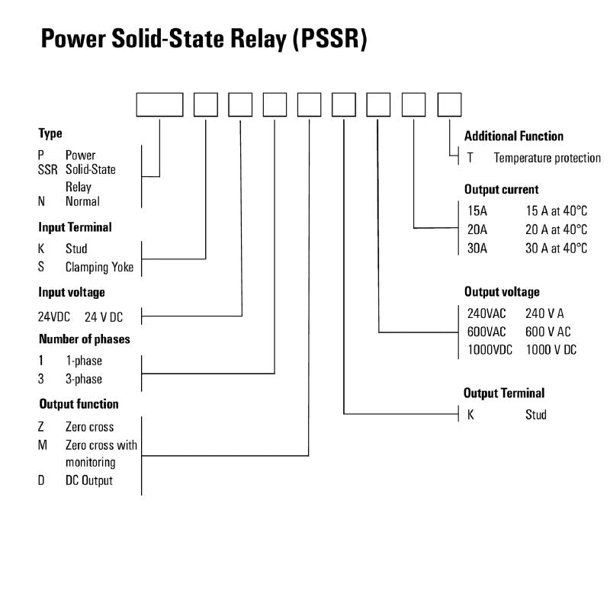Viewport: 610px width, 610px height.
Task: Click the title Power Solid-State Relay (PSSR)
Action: [x=204, y=39]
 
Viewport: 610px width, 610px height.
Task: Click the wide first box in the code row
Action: [x=159, y=104]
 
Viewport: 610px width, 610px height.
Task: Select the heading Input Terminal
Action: [x=75, y=227]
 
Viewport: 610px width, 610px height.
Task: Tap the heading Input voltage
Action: [x=72, y=292]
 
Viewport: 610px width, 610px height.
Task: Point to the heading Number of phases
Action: [x=84, y=339]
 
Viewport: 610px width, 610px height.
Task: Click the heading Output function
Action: [x=79, y=404]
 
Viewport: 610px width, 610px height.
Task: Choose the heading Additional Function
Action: [x=513, y=136]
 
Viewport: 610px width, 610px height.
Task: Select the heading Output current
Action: [x=501, y=189]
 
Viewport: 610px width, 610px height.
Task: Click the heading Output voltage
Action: [x=502, y=291]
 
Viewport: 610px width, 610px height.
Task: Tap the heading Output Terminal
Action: [x=504, y=393]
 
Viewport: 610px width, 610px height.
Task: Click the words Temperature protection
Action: [x=547, y=159]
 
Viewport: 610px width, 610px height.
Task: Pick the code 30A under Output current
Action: [x=478, y=249]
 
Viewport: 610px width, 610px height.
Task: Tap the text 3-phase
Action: [x=83, y=379]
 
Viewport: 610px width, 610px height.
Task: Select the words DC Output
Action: [x=88, y=480]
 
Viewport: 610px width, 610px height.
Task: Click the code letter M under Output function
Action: [x=43, y=445]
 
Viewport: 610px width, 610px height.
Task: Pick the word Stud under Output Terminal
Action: [x=535, y=415]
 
